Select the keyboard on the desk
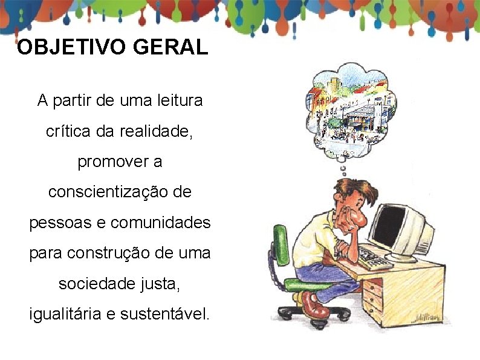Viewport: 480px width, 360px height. pos(374,258)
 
